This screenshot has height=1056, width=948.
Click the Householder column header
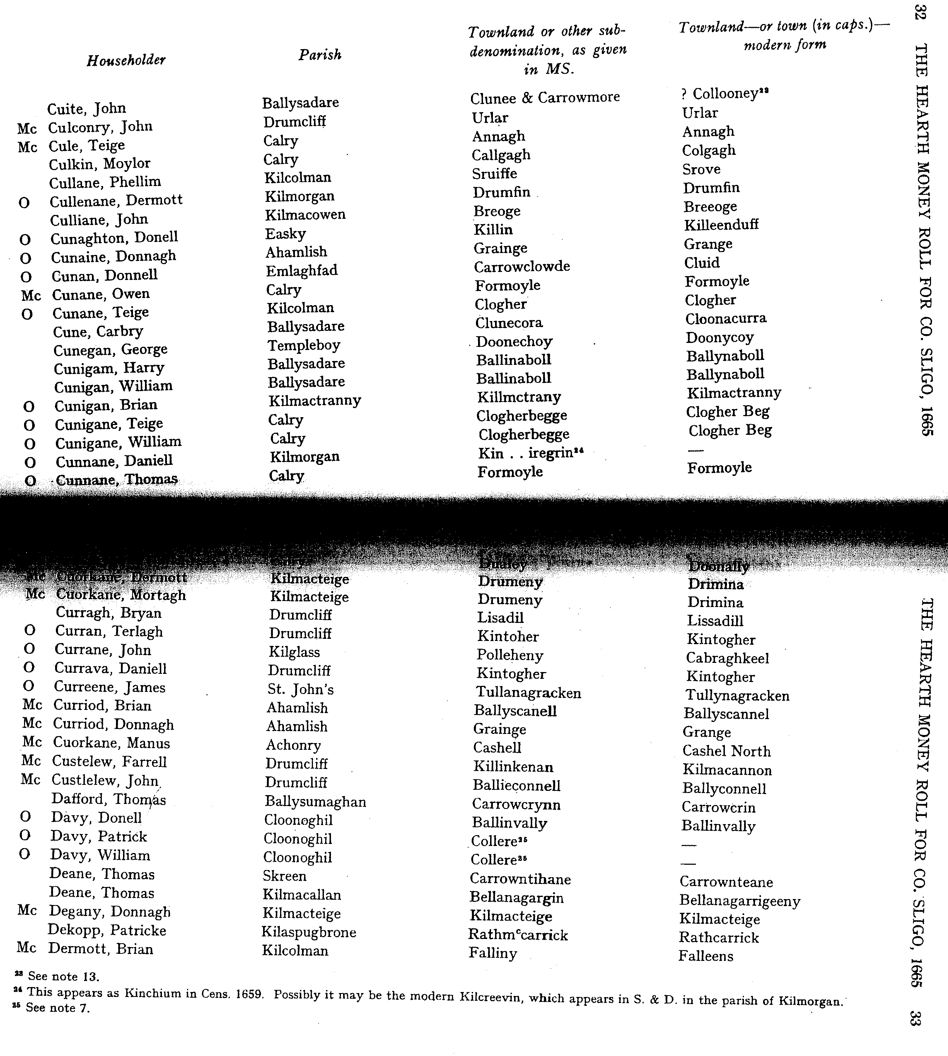click(x=126, y=60)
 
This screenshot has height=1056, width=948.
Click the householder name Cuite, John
click(x=87, y=108)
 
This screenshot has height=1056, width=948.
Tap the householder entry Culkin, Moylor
click(x=99, y=163)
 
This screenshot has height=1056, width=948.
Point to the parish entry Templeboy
click(x=304, y=345)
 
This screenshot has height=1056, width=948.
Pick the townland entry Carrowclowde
click(x=522, y=267)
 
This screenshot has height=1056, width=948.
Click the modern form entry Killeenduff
click(x=721, y=225)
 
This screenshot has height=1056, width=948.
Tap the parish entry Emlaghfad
click(x=302, y=271)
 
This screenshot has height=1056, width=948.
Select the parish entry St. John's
click(x=301, y=689)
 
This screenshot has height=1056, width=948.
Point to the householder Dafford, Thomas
click(x=108, y=799)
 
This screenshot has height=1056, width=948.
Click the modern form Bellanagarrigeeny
click(x=740, y=900)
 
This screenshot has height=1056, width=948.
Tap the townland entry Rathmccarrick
click(x=518, y=935)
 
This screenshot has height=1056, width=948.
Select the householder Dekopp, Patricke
click(x=107, y=930)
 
